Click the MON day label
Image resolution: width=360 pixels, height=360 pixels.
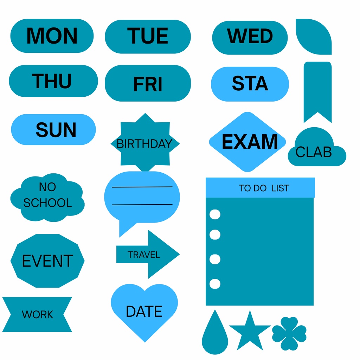(x=52, y=36)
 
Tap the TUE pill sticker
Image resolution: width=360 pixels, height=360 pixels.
(x=148, y=37)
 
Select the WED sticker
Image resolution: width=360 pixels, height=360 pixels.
(x=250, y=38)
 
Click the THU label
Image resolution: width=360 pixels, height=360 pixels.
(x=53, y=81)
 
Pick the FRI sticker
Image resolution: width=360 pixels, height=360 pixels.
(x=148, y=83)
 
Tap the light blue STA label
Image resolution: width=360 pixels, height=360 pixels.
(x=250, y=84)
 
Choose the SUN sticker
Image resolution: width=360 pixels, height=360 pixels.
(x=53, y=129)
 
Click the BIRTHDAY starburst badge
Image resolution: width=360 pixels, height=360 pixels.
(x=145, y=143)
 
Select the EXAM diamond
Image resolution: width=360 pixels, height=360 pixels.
(x=247, y=142)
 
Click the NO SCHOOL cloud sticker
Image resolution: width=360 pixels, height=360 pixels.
(x=47, y=198)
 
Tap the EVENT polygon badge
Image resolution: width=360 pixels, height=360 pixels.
(x=47, y=261)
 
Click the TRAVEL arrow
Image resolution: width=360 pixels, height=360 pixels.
(x=148, y=255)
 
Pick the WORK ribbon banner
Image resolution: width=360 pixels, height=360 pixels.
(x=37, y=314)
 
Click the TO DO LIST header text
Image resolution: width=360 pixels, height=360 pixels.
(x=264, y=188)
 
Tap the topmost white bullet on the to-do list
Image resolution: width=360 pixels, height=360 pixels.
(x=215, y=214)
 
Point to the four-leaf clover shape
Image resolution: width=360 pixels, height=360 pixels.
(x=289, y=334)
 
